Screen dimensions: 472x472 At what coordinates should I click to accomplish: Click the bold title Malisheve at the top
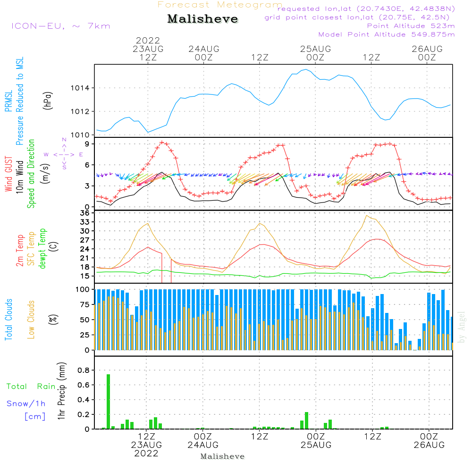(x=203, y=19)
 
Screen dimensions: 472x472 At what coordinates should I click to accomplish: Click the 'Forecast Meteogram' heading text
(x=220, y=5)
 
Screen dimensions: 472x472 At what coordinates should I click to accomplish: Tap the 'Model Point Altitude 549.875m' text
(x=387, y=34)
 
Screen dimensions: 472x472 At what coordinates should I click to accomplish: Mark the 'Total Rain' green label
(x=31, y=387)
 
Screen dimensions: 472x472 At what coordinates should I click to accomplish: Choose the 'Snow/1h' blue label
(x=26, y=404)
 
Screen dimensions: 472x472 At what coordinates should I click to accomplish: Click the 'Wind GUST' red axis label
(x=9, y=175)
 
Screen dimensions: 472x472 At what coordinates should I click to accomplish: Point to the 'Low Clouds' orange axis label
(x=31, y=320)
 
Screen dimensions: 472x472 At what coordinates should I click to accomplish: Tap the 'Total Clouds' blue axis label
(x=9, y=320)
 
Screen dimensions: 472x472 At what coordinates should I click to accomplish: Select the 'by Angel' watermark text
(x=462, y=327)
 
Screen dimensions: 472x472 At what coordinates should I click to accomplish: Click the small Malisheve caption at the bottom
(x=222, y=456)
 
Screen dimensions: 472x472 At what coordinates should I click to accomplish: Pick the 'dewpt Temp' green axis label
(x=42, y=249)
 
